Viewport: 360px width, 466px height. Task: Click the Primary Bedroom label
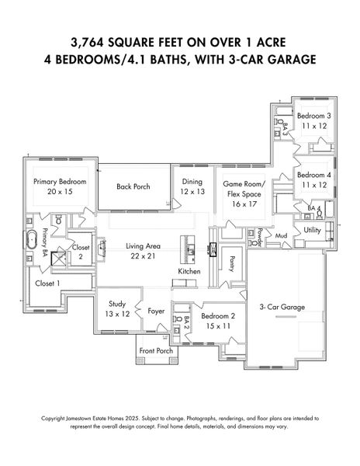pyautogui.click(x=60, y=182)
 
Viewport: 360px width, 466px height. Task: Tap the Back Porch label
pyautogui.click(x=133, y=186)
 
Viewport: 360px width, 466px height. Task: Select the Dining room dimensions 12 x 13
pyautogui.click(x=192, y=192)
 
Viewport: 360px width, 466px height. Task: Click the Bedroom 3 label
pyautogui.click(x=314, y=116)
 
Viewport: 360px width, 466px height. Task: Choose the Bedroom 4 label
pyautogui.click(x=314, y=175)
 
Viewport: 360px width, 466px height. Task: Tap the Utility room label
pyautogui.click(x=312, y=230)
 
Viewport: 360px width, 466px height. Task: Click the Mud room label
pyautogui.click(x=281, y=235)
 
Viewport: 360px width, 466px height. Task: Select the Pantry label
pyautogui.click(x=233, y=264)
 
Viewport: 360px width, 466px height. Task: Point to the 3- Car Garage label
pyautogui.click(x=282, y=307)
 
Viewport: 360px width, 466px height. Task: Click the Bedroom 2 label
pyautogui.click(x=218, y=316)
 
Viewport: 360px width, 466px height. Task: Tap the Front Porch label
pyautogui.click(x=156, y=351)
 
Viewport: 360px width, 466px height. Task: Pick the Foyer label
pyautogui.click(x=156, y=311)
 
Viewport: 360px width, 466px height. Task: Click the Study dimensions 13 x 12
pyautogui.click(x=117, y=314)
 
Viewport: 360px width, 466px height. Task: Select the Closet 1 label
pyautogui.click(x=47, y=283)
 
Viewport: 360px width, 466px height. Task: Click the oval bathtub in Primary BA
pyautogui.click(x=31, y=239)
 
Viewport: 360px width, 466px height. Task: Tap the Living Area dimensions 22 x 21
pyautogui.click(x=143, y=256)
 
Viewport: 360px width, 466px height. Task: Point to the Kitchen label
pyautogui.click(x=189, y=271)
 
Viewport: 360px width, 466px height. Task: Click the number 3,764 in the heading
pyautogui.click(x=87, y=43)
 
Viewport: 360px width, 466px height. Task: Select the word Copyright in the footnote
pyautogui.click(x=53, y=419)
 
